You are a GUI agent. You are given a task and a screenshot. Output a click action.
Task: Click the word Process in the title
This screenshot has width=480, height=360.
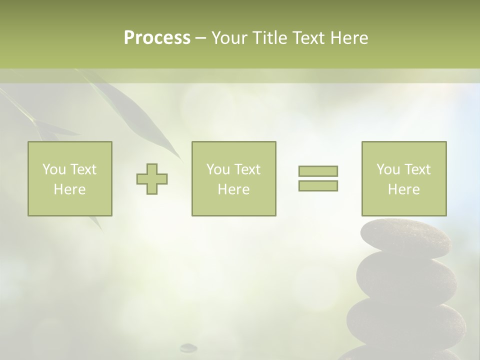tap(157, 38)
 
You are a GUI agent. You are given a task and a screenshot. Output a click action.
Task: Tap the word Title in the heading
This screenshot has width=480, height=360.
tap(270, 38)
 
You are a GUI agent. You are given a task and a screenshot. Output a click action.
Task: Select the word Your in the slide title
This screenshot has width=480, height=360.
tap(229, 38)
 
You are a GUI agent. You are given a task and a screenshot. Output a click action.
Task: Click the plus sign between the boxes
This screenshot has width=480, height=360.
tap(152, 179)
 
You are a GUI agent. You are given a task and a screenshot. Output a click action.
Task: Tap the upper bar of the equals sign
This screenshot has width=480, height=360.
tap(318, 171)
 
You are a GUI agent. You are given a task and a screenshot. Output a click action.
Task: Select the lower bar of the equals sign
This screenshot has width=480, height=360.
tap(318, 185)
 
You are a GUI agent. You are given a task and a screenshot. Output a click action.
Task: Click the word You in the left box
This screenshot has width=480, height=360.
tap(54, 169)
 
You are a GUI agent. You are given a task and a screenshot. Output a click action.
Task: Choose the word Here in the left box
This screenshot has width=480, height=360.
tap(69, 189)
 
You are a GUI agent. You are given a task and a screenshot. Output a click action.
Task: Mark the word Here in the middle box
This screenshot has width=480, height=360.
tap(233, 189)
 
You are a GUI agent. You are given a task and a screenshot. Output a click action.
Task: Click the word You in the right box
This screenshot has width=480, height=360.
tap(388, 169)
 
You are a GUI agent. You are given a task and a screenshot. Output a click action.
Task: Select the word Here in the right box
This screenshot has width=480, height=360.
tap(403, 189)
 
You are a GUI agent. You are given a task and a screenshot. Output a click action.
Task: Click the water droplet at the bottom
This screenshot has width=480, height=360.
tap(188, 346)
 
